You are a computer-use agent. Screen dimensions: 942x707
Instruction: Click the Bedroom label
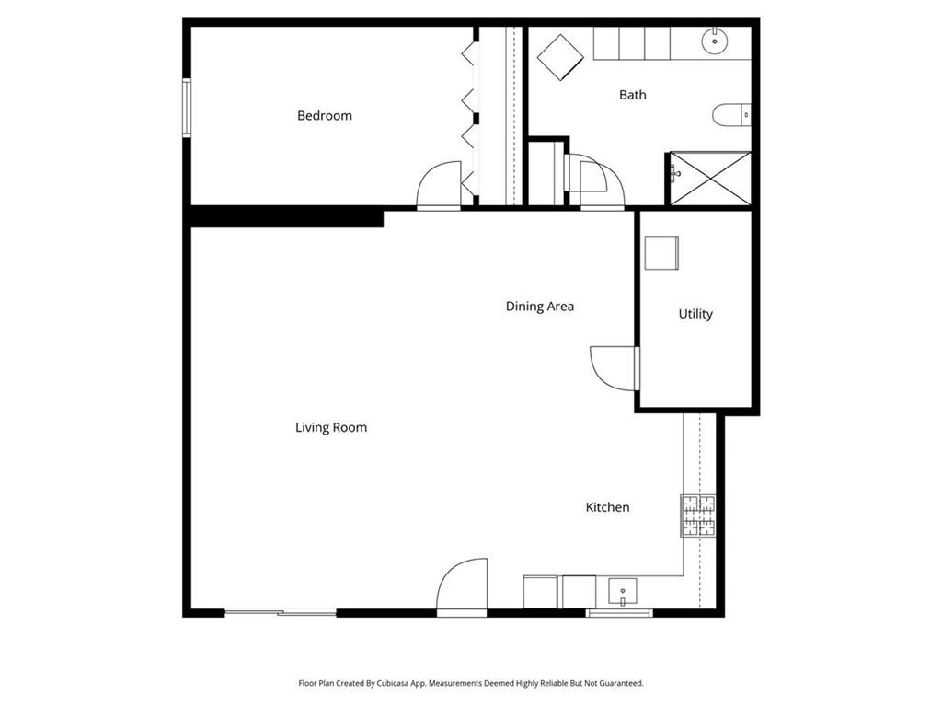pos(325,115)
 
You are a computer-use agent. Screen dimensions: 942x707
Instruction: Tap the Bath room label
pos(633,95)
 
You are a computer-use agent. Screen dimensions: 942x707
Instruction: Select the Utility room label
pos(695,314)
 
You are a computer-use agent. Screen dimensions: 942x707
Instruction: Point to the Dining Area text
pos(539,306)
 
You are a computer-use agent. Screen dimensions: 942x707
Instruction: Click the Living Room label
pos(331,427)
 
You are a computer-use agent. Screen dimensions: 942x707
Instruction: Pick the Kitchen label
pos(607,507)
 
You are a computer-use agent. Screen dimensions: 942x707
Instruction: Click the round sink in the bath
pos(715,41)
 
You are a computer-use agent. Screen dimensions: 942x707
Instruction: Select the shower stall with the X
pos(710,179)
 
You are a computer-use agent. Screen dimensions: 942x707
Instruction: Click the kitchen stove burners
pos(698,516)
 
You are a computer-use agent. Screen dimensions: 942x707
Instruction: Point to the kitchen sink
pos(623,592)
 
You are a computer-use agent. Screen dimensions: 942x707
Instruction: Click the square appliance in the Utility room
pos(661,252)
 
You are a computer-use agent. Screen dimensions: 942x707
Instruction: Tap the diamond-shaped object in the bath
pos(560,58)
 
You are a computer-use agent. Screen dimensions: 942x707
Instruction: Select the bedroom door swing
pos(439,185)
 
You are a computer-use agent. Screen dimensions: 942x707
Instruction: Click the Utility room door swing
pos(613,368)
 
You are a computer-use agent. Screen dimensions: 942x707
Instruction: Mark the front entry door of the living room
pos(462,586)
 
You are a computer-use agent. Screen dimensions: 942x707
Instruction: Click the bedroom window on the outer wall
pos(187,108)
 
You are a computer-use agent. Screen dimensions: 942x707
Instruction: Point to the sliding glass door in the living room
pos(281,612)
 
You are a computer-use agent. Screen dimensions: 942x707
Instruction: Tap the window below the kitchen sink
pos(619,612)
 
